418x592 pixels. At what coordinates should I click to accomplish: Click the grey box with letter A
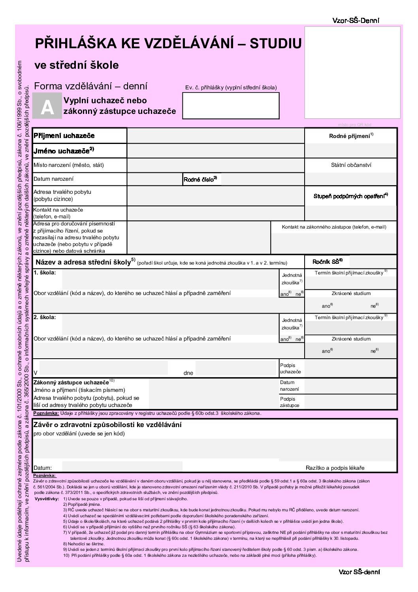coord(47,106)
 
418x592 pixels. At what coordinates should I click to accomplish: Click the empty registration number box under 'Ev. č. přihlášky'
coord(231,106)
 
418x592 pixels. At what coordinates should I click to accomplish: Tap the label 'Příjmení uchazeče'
coord(64,136)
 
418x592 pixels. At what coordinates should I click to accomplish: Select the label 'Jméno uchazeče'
coord(64,151)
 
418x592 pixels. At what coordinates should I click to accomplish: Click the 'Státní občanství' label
coord(351,165)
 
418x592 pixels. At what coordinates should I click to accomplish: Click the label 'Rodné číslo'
coord(200,179)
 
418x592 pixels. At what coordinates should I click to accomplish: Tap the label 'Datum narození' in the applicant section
coord(53,179)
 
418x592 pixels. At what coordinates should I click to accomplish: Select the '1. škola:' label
coord(45,272)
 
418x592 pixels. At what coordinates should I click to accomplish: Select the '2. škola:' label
coord(45,317)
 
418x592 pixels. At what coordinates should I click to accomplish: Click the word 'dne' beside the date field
coord(188,373)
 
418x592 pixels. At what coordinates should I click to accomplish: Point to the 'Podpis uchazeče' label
coord(290,369)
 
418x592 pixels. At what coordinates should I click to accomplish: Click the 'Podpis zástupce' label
coord(290,402)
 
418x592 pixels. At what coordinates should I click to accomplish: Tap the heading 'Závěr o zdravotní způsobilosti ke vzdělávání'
coord(107,425)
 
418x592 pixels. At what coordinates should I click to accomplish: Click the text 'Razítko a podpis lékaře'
coord(335,468)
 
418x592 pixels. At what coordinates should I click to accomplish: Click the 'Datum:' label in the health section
coord(43,468)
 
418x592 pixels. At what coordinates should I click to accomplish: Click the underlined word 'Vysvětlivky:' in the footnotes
coord(47,499)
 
